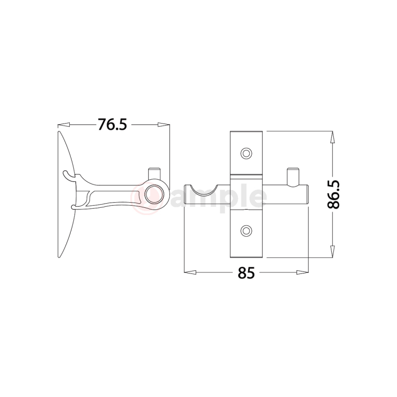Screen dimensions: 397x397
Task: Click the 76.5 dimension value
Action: click(112, 125)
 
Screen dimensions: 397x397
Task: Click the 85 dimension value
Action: click(247, 272)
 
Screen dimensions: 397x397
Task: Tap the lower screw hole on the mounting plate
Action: click(247, 231)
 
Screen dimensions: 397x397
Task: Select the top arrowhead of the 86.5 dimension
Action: click(331, 136)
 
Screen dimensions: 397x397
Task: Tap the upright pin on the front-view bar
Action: click(293, 176)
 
